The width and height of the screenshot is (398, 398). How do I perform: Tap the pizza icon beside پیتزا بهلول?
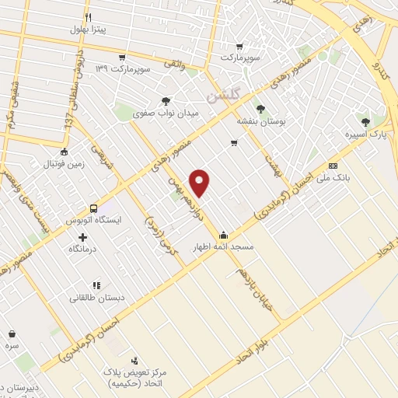click(x=89, y=17)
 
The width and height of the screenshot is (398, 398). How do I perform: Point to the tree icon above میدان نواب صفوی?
click(x=165, y=100)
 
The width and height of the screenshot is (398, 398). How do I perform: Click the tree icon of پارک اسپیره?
click(x=365, y=121)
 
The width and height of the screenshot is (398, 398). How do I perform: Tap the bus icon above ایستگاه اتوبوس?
click(x=93, y=208)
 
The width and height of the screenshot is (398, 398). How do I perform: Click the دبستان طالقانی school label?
click(x=96, y=298)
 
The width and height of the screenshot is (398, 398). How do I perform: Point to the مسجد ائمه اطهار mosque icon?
click(x=224, y=235)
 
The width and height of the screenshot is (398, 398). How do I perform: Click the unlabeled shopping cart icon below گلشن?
click(x=233, y=142)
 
